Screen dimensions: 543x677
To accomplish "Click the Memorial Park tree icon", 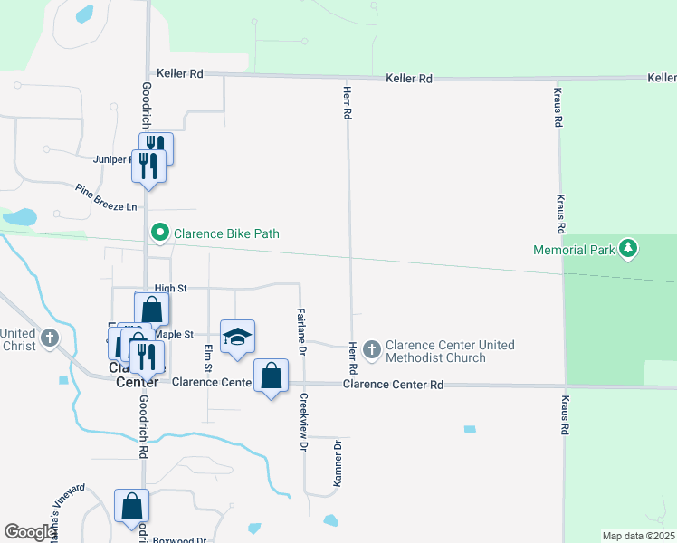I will tap(628, 249).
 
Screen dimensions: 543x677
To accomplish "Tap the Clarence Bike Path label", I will tap(226, 233).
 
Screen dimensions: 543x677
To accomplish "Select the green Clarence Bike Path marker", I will tap(160, 233).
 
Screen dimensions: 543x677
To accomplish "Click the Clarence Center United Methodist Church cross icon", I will tap(371, 348).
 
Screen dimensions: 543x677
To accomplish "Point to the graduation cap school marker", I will tap(238, 338).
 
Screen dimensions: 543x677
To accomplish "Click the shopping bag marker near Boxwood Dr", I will tap(131, 506).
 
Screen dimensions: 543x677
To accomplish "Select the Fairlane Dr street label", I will tap(301, 331).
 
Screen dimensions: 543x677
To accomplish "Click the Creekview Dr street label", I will tap(304, 423).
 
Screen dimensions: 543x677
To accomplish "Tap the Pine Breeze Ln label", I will tap(106, 199).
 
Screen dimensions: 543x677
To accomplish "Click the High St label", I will tap(170, 288).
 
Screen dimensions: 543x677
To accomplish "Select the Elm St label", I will tap(208, 358).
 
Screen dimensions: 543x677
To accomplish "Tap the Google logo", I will tap(30, 532).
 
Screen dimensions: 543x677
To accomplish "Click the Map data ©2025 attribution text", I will tap(638, 536).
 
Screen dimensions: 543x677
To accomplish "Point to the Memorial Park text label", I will tap(574, 249).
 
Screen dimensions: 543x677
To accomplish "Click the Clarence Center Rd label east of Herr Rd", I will tap(394, 385).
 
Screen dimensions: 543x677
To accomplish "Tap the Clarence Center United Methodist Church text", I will tap(450, 351).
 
